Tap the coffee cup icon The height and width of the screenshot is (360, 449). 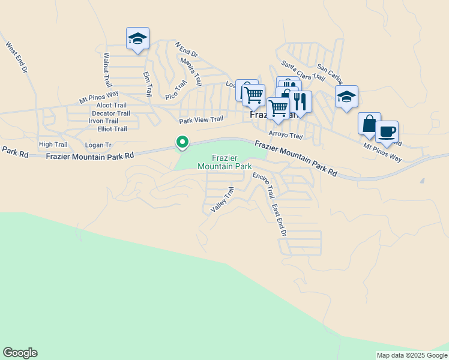(387, 132)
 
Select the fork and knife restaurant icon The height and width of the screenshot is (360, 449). (300, 101)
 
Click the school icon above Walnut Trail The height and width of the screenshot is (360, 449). (137, 39)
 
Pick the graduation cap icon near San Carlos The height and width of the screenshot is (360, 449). (346, 96)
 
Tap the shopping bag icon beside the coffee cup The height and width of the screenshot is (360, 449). (369, 124)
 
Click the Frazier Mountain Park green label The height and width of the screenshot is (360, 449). (224, 162)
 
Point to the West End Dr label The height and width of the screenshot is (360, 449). (17, 58)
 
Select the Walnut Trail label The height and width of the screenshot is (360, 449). (107, 70)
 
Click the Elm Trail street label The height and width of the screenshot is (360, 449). (146, 84)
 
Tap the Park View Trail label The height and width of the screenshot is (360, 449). (201, 120)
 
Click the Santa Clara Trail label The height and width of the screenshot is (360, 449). (303, 70)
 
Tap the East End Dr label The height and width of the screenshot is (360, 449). (279, 219)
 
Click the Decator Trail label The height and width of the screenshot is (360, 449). (110, 113)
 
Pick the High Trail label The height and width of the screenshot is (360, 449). (53, 145)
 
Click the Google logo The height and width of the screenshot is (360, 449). (20, 353)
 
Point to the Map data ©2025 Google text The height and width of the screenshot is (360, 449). (411, 355)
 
